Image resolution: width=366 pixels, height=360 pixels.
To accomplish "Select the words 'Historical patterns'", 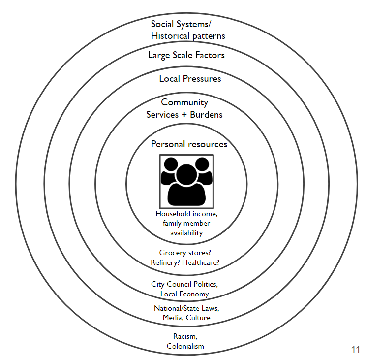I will coord(188,36).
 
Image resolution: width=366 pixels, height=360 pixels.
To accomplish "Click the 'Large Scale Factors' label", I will coord(186,55).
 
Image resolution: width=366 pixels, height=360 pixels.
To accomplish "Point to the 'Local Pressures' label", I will coord(190,79).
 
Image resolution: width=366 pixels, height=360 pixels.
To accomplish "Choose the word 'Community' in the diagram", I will coord(184,102).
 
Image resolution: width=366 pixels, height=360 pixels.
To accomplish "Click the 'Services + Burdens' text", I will coord(184,114).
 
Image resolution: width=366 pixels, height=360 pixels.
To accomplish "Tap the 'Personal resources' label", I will coord(189,144).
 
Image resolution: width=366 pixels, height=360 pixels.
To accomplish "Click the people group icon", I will coord(186,181).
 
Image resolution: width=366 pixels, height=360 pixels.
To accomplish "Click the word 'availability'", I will coord(186,233).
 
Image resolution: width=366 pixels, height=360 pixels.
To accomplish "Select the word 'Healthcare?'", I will coord(201,262).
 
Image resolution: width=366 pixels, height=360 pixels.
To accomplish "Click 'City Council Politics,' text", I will coord(184,284).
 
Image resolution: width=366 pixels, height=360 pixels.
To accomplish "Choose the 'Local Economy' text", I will coord(184,294).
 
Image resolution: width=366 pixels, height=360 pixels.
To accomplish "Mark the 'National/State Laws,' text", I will coord(186,308).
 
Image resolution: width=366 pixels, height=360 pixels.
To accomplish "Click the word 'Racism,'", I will coord(185,336).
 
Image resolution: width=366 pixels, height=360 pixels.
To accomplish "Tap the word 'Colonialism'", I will coord(185,346).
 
